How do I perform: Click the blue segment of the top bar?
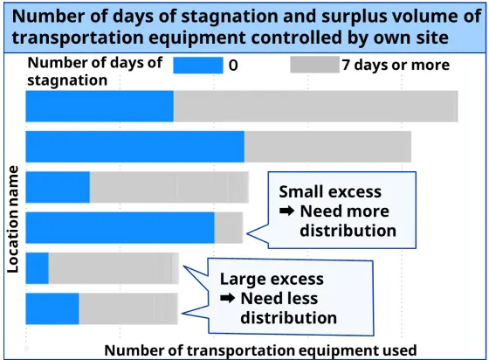point(100,106)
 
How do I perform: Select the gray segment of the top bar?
point(315,106)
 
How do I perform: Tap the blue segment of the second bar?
point(135,147)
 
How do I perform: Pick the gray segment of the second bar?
point(327,147)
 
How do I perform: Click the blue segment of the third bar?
point(58,187)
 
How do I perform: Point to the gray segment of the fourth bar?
point(229,228)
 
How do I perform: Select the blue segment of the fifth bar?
point(37,268)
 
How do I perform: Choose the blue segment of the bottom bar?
point(52,308)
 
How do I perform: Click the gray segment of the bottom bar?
point(128,308)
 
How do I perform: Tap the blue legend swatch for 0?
point(198,66)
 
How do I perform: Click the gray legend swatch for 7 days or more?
point(314,65)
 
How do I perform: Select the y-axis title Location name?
point(13,219)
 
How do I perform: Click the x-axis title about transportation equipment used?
point(260,350)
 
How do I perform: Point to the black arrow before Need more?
point(286,211)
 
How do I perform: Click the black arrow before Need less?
point(227,298)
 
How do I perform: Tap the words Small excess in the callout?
point(330,191)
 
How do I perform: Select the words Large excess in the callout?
point(272,279)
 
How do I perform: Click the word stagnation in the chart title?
point(230,17)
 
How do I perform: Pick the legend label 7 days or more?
point(396,66)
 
